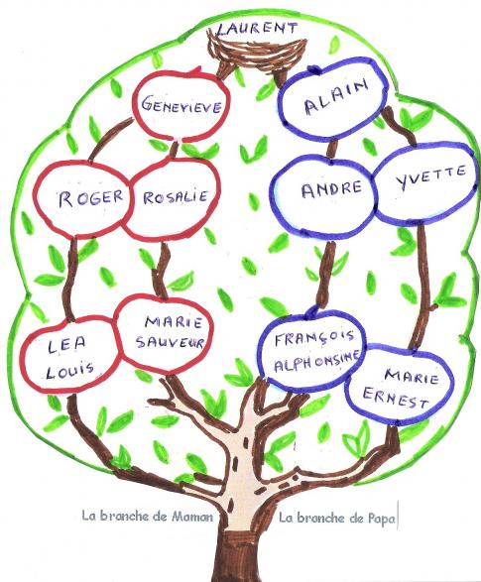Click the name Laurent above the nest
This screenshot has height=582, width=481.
pos(257,28)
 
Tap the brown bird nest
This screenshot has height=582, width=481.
pos(257,52)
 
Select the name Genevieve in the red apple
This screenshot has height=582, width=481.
pos(181,105)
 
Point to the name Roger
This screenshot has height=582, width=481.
pos(90,198)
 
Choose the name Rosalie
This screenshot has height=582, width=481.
pos(176,196)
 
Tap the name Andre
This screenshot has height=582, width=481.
pos(331,189)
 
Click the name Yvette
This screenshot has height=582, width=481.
pos(430,176)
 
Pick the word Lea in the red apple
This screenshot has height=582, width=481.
pos(66,345)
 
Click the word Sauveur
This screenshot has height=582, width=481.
pos(170,341)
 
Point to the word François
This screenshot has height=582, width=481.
pos(314,338)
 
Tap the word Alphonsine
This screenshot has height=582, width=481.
pos(317,362)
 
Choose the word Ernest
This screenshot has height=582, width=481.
pos(396,398)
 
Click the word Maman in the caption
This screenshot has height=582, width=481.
pos(192,516)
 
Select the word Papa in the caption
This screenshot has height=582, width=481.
pos(382,519)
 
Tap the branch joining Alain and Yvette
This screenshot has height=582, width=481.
pos(400,126)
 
